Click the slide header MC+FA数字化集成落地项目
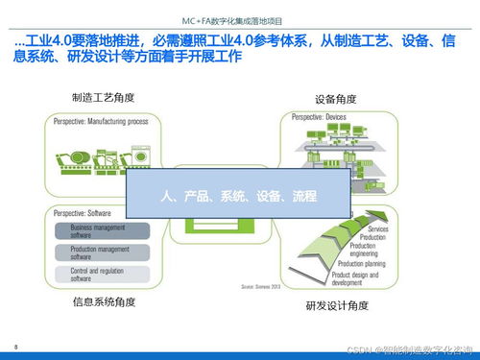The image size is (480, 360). pos(240,18)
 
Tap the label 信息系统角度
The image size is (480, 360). pos(103,302)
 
